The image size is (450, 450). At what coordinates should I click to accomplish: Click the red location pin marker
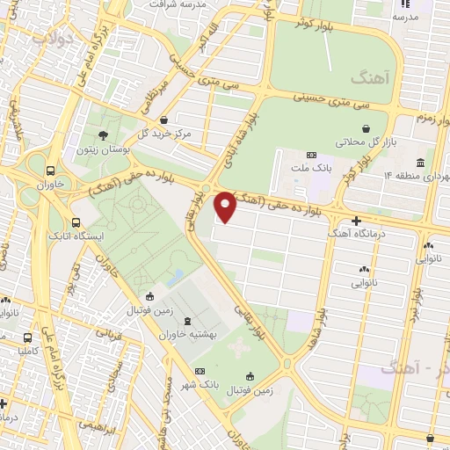[225, 207]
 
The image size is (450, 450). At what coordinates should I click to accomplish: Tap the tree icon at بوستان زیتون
[104, 135]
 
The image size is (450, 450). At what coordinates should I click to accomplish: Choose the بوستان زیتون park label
[104, 150]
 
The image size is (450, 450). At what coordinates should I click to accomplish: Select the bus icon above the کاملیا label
[29, 336]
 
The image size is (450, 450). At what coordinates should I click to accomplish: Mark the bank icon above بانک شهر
[200, 371]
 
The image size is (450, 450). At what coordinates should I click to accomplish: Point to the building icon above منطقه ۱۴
[421, 163]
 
